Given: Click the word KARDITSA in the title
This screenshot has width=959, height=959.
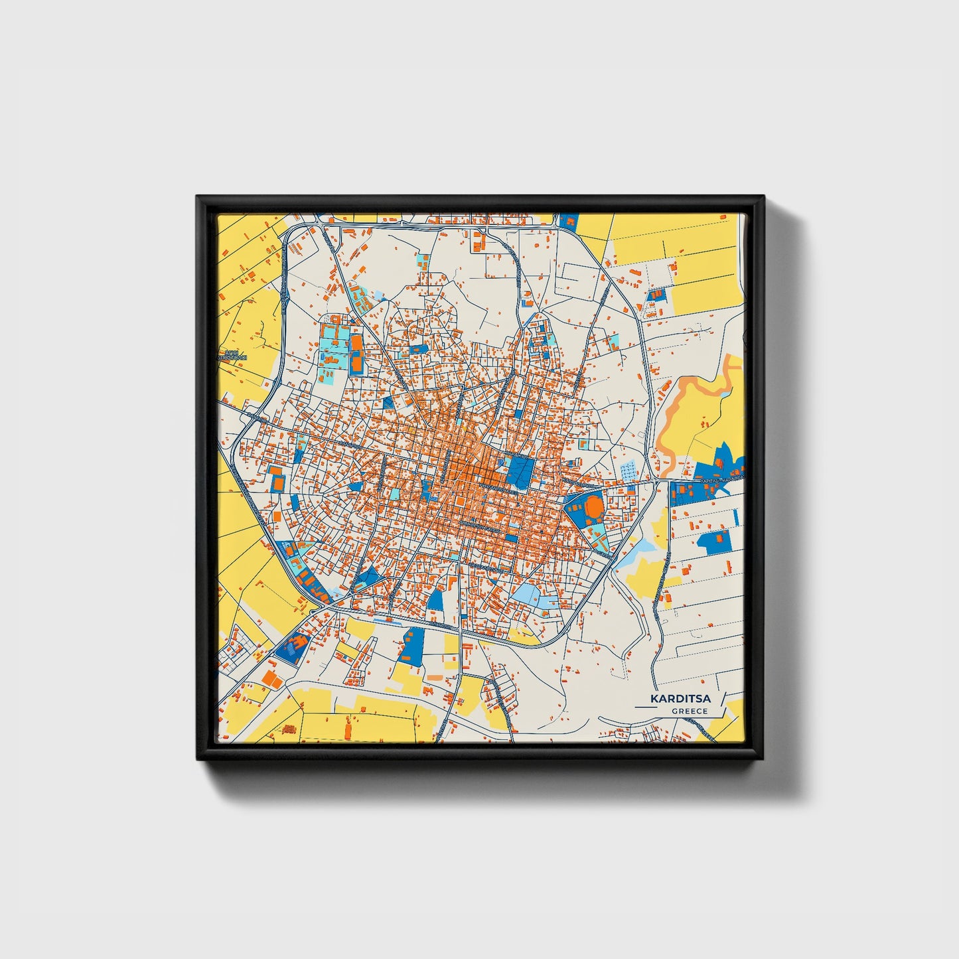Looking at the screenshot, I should pos(680,699).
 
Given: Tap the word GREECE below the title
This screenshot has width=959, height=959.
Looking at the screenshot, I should pos(689,711).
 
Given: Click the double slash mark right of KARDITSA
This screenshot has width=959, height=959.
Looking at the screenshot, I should pos(722,700).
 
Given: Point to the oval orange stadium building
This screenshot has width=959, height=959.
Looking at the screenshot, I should pos(594,508).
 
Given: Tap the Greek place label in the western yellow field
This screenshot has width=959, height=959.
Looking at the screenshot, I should pos(232,355).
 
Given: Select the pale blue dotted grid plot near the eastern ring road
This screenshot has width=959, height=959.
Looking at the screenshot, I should pos(628,471).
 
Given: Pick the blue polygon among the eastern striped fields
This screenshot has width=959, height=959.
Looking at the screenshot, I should pos(715,541).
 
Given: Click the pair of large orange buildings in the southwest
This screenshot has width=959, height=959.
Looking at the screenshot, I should pos(271,677).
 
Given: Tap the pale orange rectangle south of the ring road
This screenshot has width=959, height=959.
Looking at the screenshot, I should pos(435,677).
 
